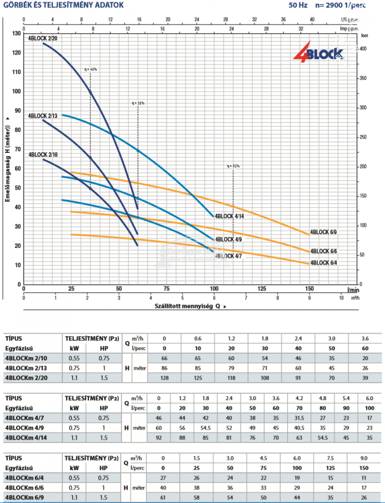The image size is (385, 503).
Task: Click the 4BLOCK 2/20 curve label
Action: coord(43,39)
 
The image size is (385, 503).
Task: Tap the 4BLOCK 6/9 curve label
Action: coord(323,232)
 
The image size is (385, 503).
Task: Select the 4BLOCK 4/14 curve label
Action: coord(229,216)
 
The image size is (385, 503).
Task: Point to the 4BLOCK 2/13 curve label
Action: coord(43,116)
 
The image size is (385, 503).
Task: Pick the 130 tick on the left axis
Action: coord(17,34)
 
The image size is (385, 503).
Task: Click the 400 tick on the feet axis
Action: coord(363,49)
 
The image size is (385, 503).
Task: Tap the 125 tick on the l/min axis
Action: coord(262,288)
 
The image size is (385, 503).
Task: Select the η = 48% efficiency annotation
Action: coord(90,69)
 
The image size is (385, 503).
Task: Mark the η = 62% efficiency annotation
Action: coord(233,166)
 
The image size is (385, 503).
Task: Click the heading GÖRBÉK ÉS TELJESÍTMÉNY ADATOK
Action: coord(64,5)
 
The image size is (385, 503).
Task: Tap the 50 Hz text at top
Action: coord(298,5)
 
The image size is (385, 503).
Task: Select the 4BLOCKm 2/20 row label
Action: coord(26,378)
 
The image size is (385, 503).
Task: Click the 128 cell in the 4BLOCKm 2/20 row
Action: coord(164,378)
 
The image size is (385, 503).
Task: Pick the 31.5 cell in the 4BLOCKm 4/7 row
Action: coord(299,418)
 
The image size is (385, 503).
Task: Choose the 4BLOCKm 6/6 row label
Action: coord(25,488)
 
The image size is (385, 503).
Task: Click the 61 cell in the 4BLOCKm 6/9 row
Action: coord(163,497)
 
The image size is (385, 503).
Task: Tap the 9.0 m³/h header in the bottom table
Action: coord(364,458)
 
